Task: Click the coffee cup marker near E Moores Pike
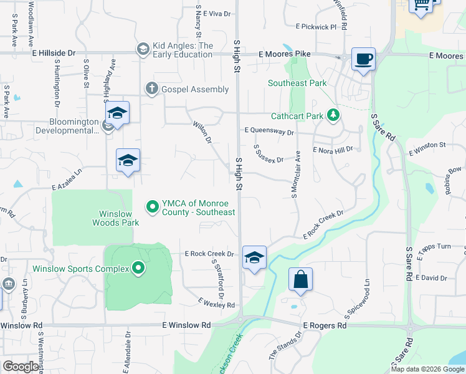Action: [x=364, y=60]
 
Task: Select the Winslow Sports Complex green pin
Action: [x=138, y=269]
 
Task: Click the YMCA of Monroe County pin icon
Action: [x=151, y=206]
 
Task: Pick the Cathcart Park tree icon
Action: [x=334, y=115]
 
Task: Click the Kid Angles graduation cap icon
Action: [x=143, y=49]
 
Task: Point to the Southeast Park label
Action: [x=297, y=83]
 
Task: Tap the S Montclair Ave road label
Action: [x=296, y=175]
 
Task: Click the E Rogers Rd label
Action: [x=324, y=325]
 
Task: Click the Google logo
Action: [x=20, y=367]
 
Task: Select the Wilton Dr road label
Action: [x=202, y=132]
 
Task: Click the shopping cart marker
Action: [x=421, y=5]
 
